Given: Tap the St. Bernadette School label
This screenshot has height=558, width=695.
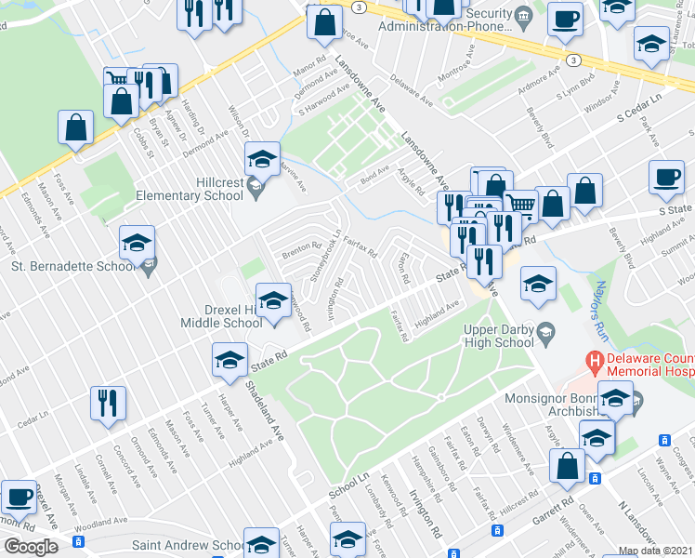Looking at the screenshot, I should point(72,267).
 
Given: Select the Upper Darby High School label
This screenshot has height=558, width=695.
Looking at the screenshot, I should point(501,336).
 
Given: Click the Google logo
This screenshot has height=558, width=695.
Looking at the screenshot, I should point(31,547).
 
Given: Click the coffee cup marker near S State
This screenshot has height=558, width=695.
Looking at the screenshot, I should point(665,179).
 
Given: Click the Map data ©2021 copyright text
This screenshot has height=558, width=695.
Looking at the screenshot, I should point(655,551).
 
